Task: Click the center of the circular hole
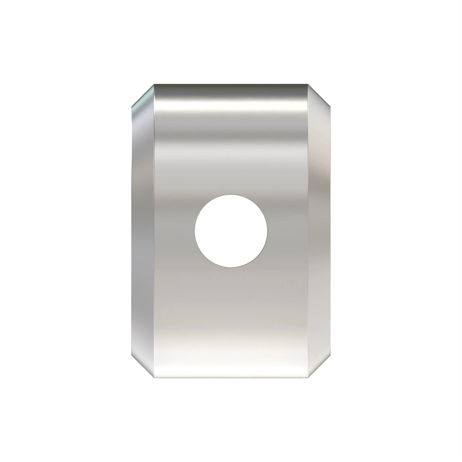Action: (x=231, y=231)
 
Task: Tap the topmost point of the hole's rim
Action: (x=231, y=194)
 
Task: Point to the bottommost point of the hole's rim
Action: (x=231, y=267)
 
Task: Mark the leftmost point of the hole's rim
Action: (x=195, y=231)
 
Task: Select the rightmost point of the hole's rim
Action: (x=267, y=231)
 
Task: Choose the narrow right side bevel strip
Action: (x=320, y=231)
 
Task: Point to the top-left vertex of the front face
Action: (x=154, y=84)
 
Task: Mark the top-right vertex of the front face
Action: (x=308, y=84)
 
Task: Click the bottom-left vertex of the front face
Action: (x=154, y=378)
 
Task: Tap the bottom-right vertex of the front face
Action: (x=308, y=378)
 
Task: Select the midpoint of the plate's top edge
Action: (x=231, y=84)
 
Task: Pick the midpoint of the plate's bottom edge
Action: (x=231, y=378)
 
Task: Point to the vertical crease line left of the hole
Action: (x=154, y=231)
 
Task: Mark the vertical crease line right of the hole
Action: (x=308, y=231)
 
